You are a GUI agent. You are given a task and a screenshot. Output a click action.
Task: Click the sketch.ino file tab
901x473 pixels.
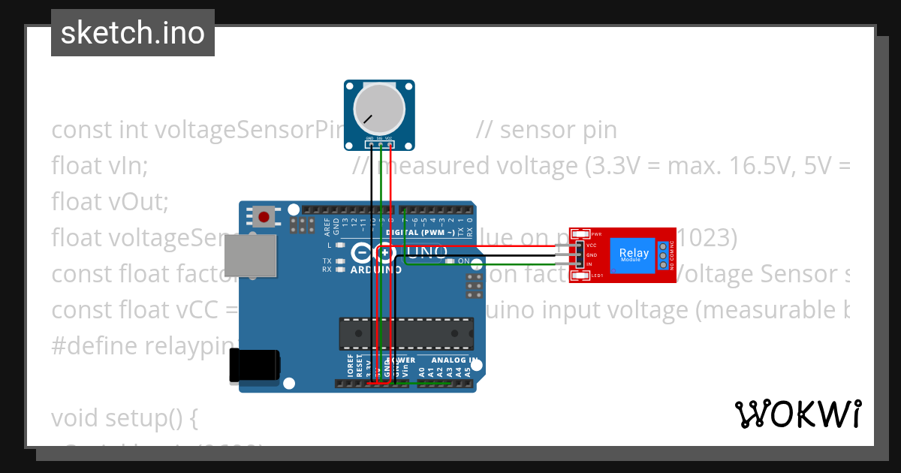(132, 33)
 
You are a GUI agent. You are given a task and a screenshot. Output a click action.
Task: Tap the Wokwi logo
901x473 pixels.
(797, 414)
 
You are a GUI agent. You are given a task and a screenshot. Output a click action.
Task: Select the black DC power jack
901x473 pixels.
(255, 366)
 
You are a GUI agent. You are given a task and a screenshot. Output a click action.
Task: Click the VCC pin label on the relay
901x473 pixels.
(592, 246)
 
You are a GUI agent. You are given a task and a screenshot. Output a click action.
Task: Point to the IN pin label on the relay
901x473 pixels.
(590, 264)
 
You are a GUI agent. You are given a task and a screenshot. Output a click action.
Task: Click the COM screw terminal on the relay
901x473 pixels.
(663, 255)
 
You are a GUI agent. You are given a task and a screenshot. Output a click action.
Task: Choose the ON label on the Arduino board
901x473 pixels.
(463, 261)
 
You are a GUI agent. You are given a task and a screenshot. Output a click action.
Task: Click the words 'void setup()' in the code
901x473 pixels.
(124, 417)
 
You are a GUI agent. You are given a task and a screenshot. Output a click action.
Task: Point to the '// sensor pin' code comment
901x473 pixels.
(546, 130)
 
